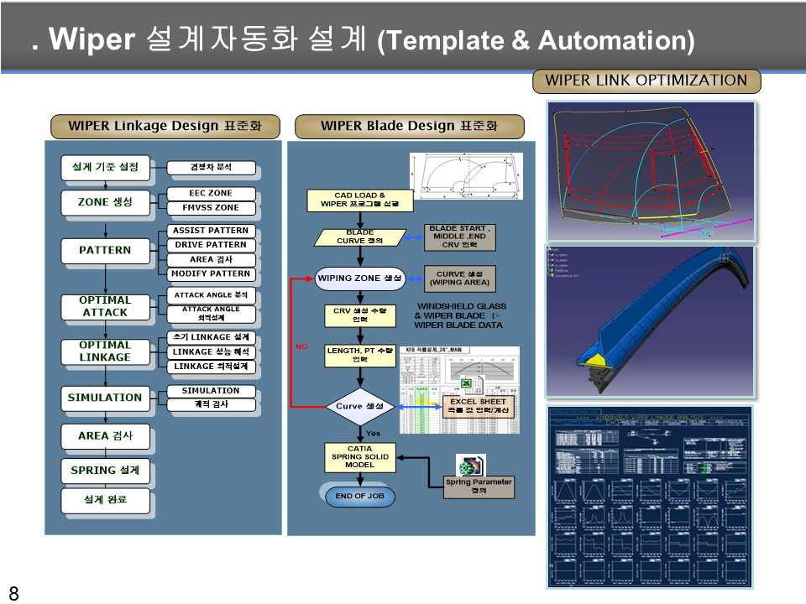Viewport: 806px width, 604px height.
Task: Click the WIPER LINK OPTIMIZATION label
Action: (x=646, y=81)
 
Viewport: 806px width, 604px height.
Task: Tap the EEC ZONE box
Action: (x=211, y=193)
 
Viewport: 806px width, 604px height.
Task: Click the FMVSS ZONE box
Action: (x=211, y=207)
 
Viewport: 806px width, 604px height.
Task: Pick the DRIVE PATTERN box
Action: (x=211, y=245)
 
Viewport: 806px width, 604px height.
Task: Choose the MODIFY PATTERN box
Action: (x=211, y=273)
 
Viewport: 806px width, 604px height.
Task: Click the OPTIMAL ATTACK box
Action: (x=105, y=306)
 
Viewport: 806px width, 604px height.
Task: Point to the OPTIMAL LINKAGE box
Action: (x=105, y=351)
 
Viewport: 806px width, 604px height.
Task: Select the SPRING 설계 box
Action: (x=105, y=471)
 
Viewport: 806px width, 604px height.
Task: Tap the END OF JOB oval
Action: (x=359, y=497)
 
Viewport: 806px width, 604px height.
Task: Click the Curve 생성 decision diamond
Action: (x=359, y=407)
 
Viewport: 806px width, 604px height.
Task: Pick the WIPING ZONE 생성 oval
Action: (x=359, y=278)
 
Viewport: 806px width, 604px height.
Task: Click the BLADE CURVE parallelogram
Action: (x=359, y=237)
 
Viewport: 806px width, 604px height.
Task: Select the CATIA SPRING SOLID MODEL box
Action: (x=359, y=457)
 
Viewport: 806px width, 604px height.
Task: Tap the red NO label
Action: (x=301, y=346)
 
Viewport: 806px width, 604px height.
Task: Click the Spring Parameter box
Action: (x=479, y=487)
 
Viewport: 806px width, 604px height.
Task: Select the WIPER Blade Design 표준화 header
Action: (x=409, y=127)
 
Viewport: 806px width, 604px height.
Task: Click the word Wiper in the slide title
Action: (x=92, y=40)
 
